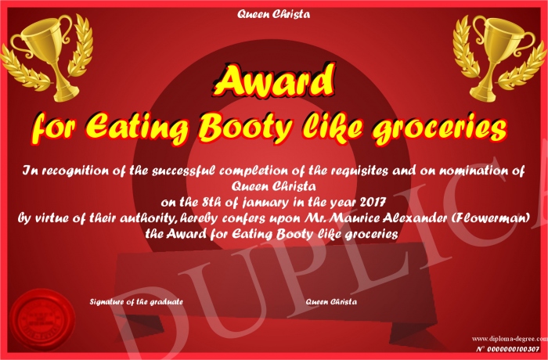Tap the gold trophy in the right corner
coord(499,59)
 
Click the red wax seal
coord(42,320)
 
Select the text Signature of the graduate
coord(136,301)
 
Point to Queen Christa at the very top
coord(273,14)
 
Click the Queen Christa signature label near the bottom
coord(331,301)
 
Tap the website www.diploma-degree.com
coord(510,338)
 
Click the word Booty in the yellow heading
coord(245,128)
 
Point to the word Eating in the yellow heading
coord(137,128)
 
